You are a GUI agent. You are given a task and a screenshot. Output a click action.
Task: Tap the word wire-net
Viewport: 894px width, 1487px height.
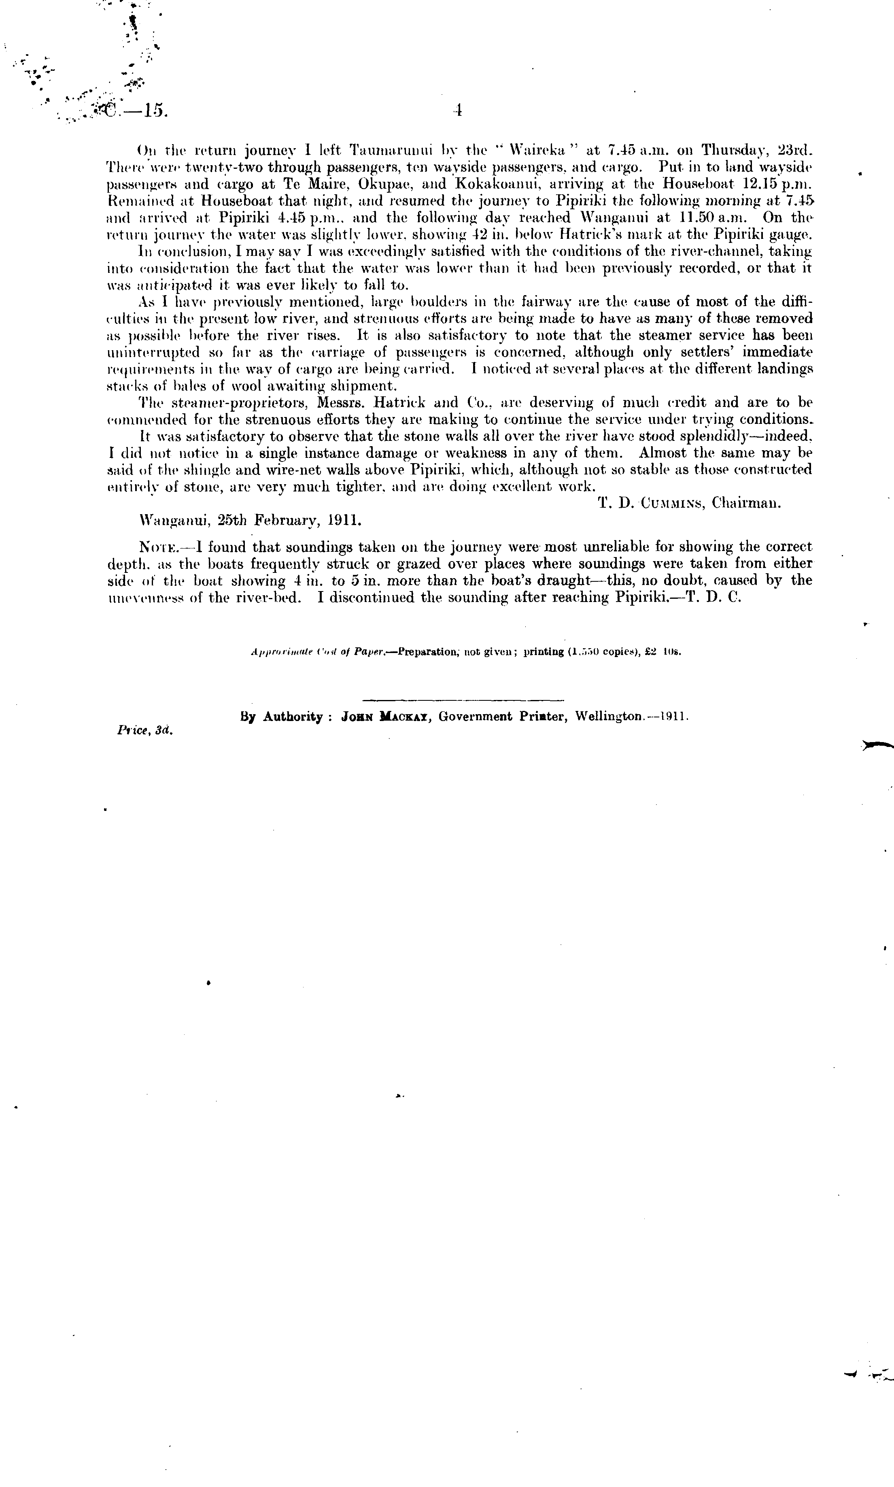click(x=308, y=470)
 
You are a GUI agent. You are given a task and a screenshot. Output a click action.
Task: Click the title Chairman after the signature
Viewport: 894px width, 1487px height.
click(x=746, y=503)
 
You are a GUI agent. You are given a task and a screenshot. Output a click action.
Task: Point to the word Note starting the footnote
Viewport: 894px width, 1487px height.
click(x=159, y=547)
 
